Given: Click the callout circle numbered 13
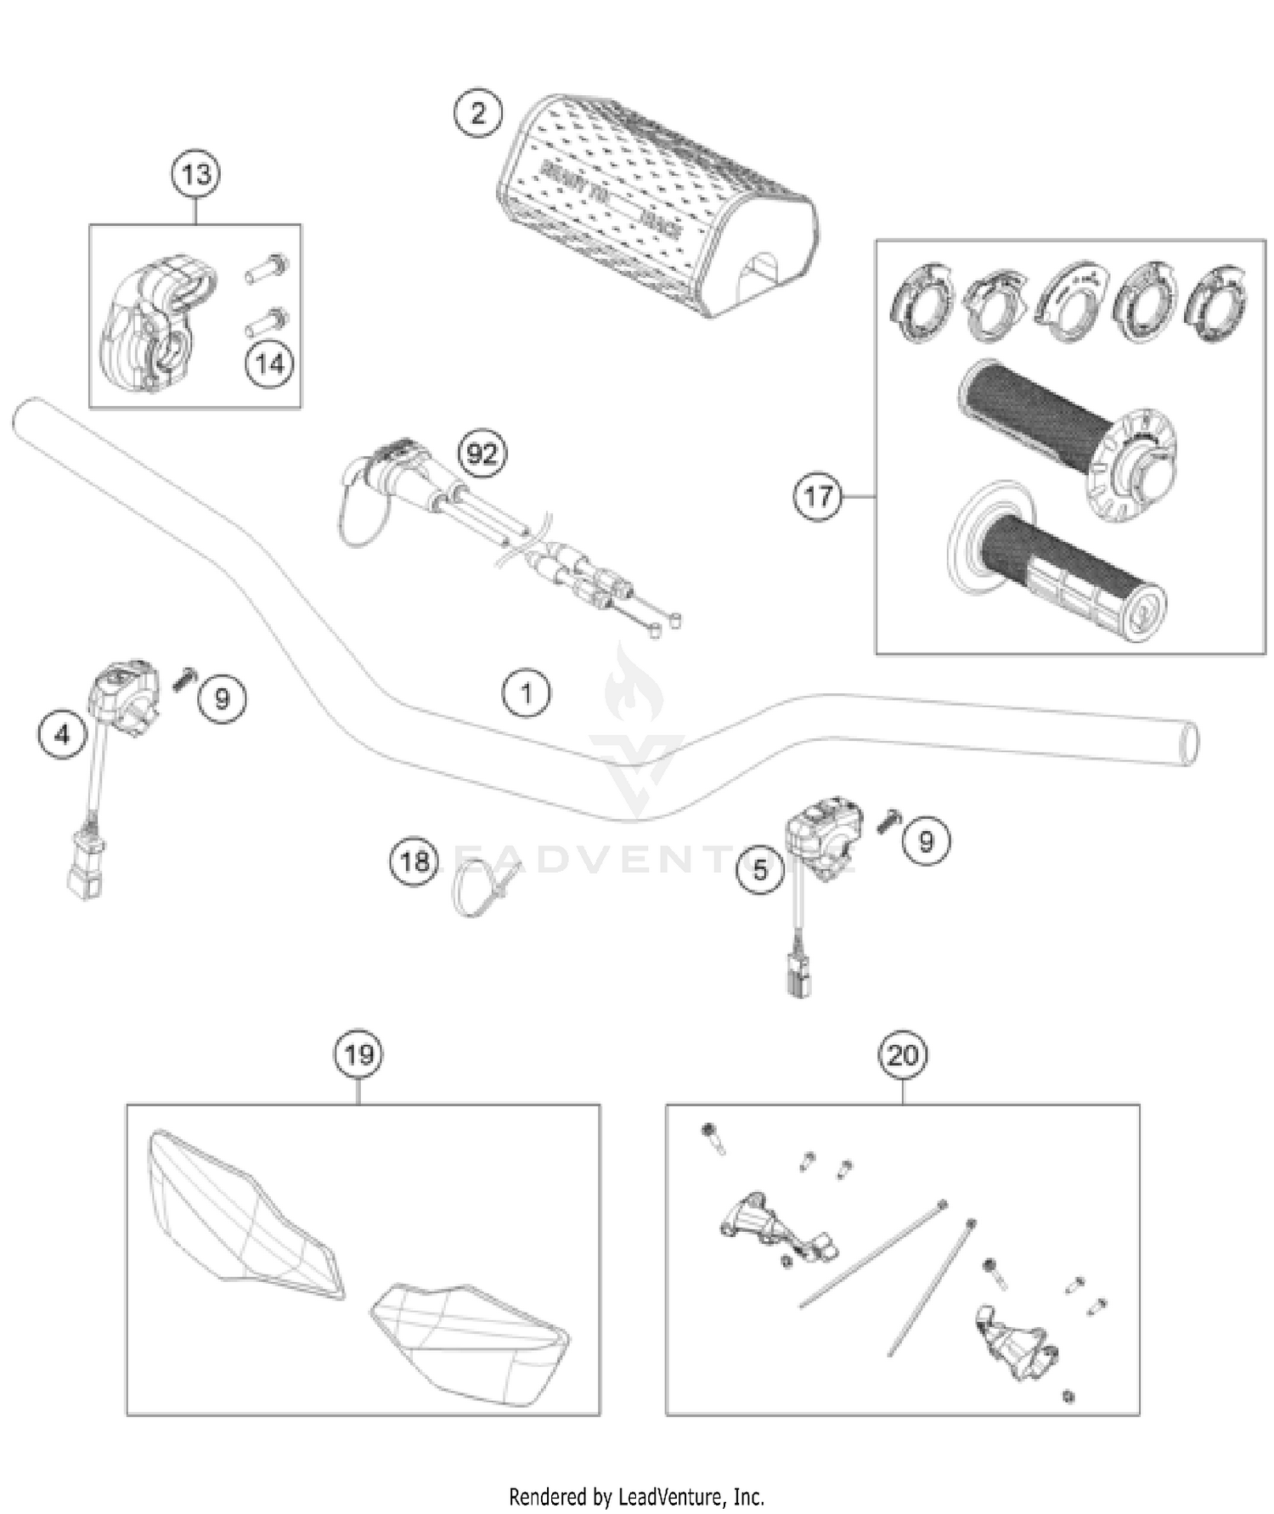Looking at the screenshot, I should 196,174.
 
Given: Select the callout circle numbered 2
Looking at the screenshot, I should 478,113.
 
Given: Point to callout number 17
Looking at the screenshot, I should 818,496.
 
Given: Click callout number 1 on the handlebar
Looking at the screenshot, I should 527,693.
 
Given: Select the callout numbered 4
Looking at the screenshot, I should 63,733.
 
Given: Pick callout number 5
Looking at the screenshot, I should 760,869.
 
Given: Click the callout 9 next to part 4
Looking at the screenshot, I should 222,698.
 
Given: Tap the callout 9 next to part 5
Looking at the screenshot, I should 926,841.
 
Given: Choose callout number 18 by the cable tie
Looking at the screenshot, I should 414,862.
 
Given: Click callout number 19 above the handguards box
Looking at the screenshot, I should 358,1054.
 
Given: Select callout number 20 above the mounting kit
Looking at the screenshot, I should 902,1054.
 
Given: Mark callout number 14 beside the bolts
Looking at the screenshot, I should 270,364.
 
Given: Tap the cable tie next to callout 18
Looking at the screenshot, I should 480,888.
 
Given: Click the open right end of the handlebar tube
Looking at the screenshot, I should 1190,743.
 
